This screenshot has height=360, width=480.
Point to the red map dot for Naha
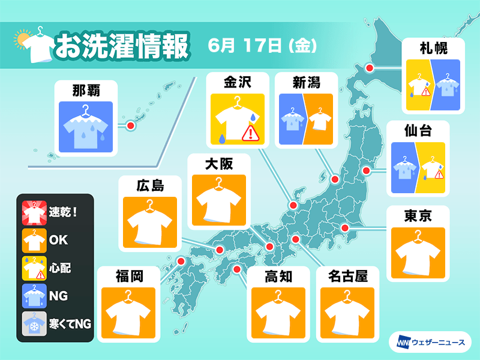(130, 126)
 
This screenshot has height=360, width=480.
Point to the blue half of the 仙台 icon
(404, 168)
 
